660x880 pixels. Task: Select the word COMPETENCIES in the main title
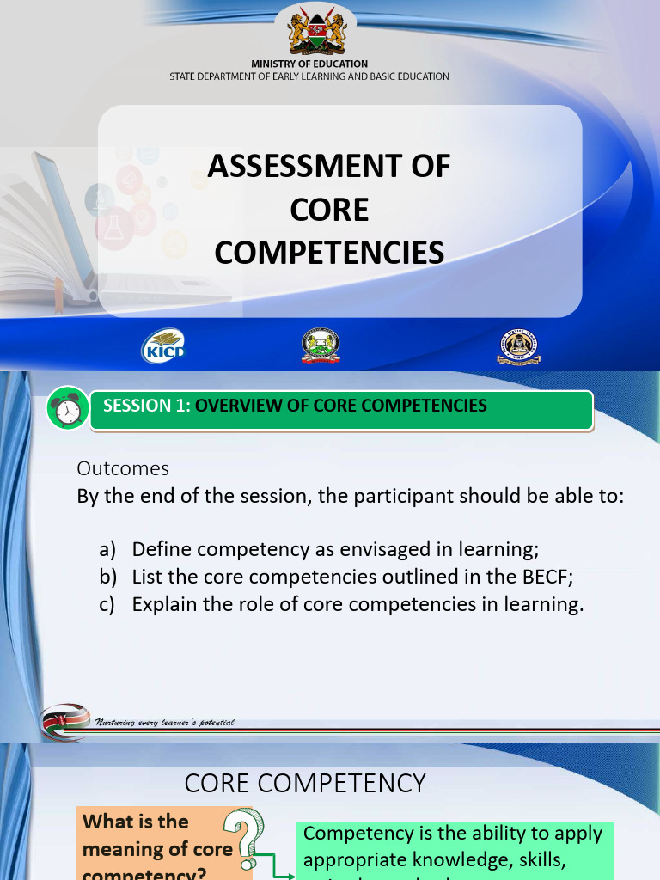pos(329,253)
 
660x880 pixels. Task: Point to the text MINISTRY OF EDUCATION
pos(309,64)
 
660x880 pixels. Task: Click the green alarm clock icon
pos(67,409)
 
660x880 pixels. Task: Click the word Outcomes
pos(123,468)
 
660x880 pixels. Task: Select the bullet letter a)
pos(107,549)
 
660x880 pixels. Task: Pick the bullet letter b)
pos(107,577)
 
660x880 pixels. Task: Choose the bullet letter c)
pos(107,604)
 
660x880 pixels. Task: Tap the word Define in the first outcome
pos(161,549)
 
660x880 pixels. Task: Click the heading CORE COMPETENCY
pos(305,783)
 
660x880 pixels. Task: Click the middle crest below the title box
pos(321,345)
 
